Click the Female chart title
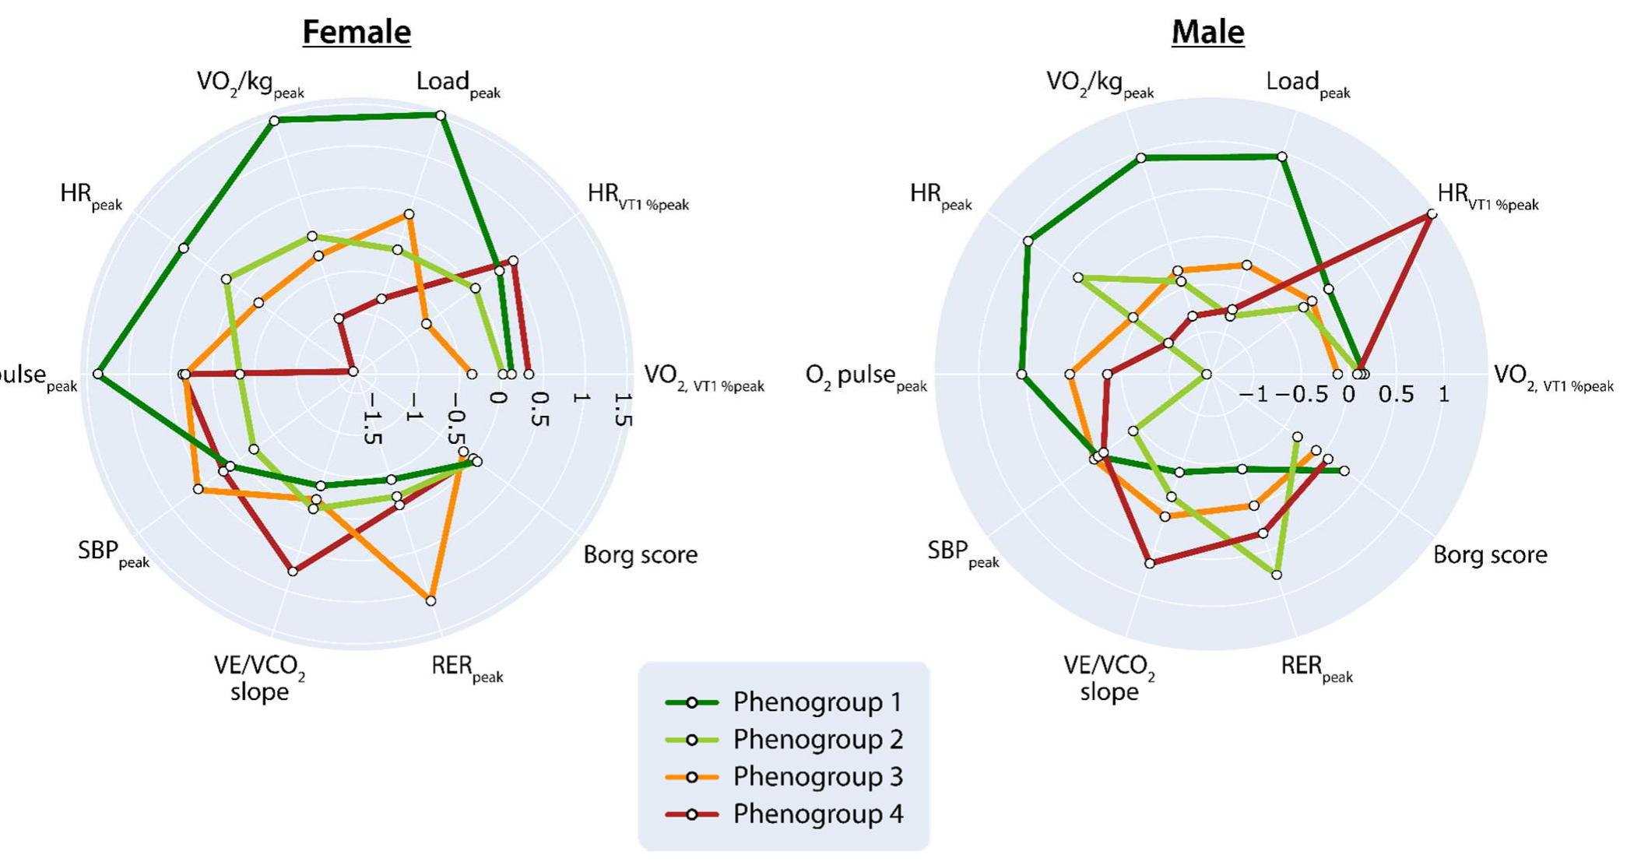pos(357,32)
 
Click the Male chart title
pos(1207,32)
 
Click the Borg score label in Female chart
pos(640,555)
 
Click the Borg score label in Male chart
pos(1489,555)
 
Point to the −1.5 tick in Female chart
pos(372,419)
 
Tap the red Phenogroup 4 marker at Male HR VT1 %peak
pos(1431,214)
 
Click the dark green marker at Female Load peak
pos(441,116)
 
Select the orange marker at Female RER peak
pos(430,600)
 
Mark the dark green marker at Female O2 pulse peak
pos(98,375)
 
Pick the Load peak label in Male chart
pos(1307,84)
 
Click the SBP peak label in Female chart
pos(114,554)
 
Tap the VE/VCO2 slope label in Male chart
pos(1109,678)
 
